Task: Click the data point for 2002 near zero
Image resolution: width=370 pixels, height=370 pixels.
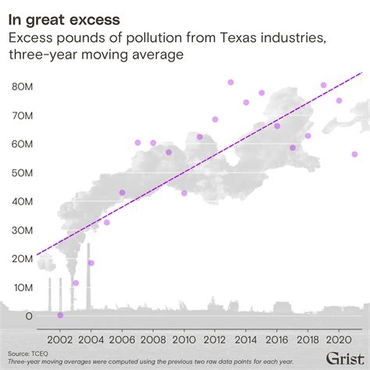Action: pos(60,315)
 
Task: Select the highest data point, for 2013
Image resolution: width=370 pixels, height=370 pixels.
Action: pos(231,82)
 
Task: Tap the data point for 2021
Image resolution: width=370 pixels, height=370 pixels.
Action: pos(354,155)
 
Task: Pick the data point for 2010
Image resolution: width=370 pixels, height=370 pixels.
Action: pos(184,193)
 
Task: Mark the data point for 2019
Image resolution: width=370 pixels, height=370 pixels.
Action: pos(324,85)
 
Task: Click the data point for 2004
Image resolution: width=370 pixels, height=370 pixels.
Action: pos(91,263)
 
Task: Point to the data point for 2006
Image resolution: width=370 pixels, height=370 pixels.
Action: pos(123,192)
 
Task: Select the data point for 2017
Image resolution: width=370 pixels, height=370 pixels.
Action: pos(293,148)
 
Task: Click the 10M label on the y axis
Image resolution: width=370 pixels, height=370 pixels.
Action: pos(23,287)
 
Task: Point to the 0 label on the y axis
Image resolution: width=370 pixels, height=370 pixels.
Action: pos(29,316)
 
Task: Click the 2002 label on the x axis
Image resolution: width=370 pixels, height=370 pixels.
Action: pos(60,340)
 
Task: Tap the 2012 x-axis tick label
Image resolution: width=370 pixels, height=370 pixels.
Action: pos(215,340)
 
